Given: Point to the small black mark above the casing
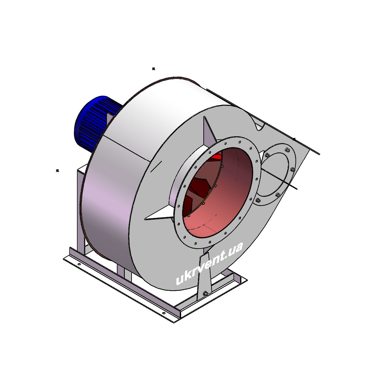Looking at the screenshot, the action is [153, 69].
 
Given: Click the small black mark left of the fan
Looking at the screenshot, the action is [57, 171].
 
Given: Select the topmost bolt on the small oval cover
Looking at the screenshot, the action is [287, 149].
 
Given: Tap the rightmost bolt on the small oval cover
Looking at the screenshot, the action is [292, 169].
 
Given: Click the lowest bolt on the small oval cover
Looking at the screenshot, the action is [258, 200].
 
